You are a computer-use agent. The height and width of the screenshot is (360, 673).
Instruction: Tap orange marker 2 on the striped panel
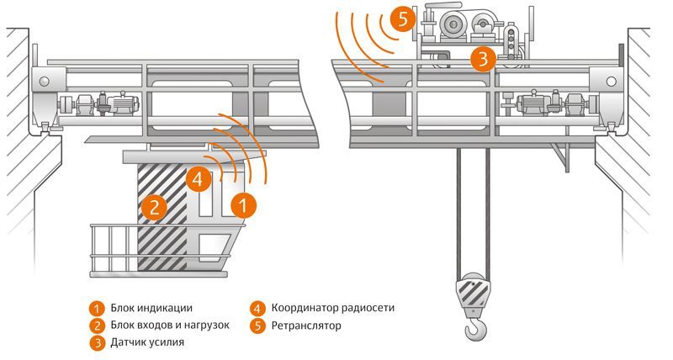click(152, 207)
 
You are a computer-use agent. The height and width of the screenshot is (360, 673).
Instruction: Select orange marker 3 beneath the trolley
click(482, 59)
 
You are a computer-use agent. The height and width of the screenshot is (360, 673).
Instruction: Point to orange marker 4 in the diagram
click(196, 178)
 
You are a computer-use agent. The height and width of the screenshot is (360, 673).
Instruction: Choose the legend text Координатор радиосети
click(332, 308)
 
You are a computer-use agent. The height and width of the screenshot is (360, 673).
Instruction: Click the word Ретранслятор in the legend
click(306, 326)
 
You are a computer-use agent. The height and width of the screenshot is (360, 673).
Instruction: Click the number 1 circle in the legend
click(98, 308)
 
